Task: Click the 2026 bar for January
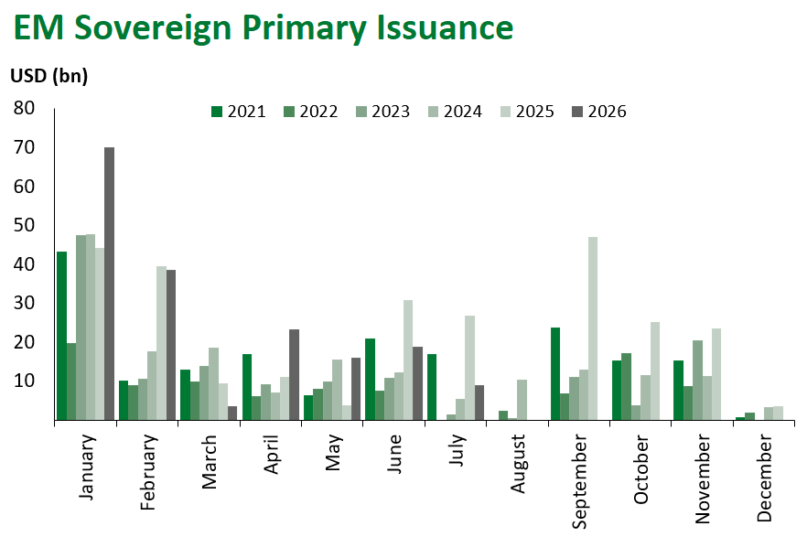109,284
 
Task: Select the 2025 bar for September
593,328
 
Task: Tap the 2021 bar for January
62,336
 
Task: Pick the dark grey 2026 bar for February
171,345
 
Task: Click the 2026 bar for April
295,374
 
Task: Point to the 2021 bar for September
555,374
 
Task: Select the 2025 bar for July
469,368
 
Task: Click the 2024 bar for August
522,400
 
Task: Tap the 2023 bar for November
697,381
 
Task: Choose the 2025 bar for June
408,360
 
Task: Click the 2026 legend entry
599,112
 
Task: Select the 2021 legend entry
238,112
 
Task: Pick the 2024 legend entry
455,112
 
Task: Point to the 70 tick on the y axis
24,147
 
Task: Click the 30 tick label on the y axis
24,303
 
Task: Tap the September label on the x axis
579,481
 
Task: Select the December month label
765,478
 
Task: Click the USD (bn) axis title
49,76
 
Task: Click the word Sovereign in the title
154,27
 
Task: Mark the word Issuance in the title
446,27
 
